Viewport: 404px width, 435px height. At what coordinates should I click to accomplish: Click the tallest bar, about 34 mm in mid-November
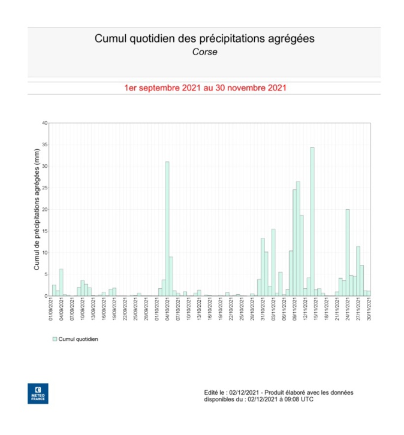pos(312,222)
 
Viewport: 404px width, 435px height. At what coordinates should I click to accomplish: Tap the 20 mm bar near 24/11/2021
pos(348,252)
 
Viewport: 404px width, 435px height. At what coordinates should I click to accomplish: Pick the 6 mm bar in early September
pos(61,282)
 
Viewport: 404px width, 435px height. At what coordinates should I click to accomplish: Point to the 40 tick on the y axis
pos(44,123)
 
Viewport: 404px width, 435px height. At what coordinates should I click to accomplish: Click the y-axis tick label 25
pos(44,188)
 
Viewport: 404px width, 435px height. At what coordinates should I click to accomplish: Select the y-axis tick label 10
pos(44,253)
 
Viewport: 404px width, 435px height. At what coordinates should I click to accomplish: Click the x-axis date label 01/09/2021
pos(53,310)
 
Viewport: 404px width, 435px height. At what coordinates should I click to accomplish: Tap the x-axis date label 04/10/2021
pos(168,310)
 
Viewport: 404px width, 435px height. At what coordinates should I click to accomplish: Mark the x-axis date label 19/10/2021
pos(221,310)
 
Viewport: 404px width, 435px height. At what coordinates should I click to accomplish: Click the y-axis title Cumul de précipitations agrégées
pos(37,209)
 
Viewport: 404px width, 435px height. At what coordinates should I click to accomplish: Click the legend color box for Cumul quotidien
pos(55,339)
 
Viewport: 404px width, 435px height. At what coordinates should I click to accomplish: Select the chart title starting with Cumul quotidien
pos(204,39)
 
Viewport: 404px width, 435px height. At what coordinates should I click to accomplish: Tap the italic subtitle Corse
pos(204,52)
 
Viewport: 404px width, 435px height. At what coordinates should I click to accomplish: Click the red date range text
pos(204,87)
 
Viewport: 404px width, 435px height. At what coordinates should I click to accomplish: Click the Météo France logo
pos(38,392)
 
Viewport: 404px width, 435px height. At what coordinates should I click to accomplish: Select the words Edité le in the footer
pos(216,392)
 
